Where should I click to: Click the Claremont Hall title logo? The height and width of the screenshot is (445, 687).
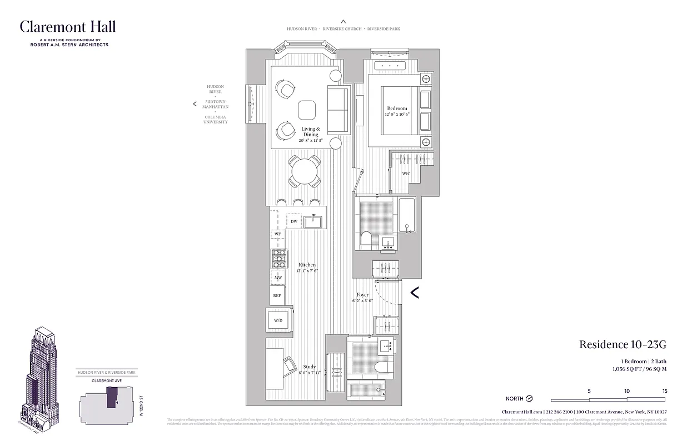point(68,27)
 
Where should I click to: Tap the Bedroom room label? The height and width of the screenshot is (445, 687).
point(397,108)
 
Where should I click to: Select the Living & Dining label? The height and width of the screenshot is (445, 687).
point(311,132)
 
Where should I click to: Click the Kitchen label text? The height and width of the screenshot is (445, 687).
point(307,265)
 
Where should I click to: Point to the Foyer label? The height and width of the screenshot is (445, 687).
point(362,295)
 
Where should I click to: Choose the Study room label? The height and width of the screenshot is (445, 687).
point(310,367)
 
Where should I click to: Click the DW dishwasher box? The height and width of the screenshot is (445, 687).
point(294,221)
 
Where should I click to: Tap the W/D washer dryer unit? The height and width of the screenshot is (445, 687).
point(277,320)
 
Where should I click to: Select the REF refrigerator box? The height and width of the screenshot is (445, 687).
point(277,295)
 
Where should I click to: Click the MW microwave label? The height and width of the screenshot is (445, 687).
point(277,277)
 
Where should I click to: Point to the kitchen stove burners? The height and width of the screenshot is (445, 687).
point(278,258)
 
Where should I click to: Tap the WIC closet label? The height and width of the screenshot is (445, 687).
point(406,174)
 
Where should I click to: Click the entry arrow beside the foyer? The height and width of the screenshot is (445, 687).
point(415,291)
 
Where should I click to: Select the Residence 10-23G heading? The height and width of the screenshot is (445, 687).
point(623,344)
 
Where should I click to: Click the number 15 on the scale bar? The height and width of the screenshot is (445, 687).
point(665,391)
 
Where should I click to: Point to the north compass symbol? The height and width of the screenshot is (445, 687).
point(529,399)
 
